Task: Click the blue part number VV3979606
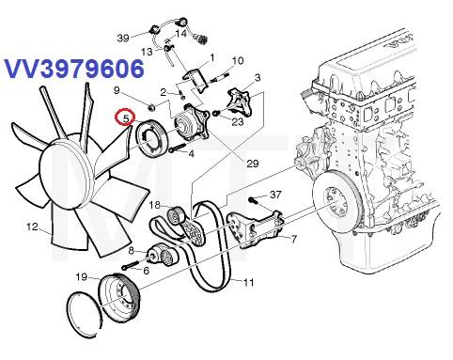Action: (x=74, y=69)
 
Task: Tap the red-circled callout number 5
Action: (x=126, y=118)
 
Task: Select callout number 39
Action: (x=123, y=39)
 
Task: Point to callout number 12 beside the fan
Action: (x=32, y=227)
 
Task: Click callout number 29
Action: (x=253, y=164)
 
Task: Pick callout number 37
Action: (x=275, y=195)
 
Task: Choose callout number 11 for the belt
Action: (x=248, y=283)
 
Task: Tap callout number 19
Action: (x=82, y=277)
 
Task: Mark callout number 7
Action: (x=293, y=240)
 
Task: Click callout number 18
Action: (x=155, y=205)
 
